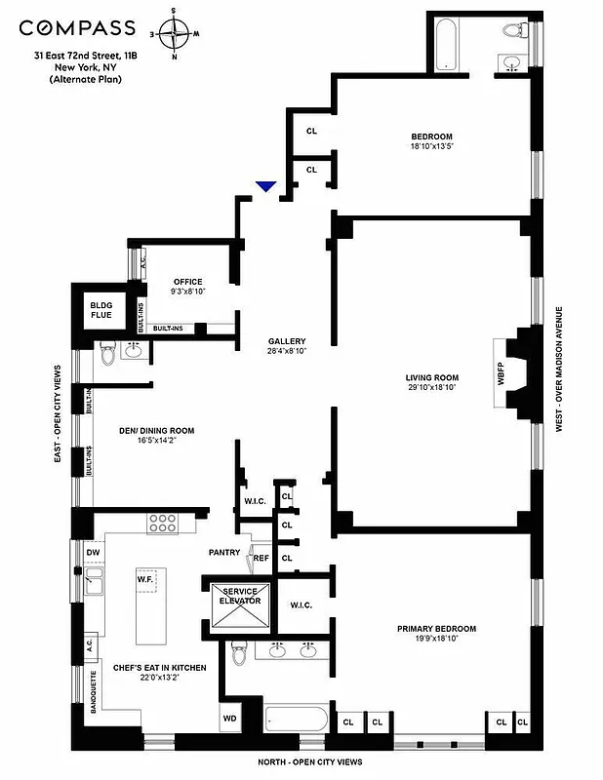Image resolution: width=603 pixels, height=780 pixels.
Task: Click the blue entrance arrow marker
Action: tap(265, 186)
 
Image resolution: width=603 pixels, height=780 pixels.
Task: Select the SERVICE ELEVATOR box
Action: tap(240, 597)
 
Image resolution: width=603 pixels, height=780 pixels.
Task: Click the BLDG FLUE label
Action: tap(101, 311)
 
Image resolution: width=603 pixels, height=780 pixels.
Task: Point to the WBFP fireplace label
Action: tap(502, 377)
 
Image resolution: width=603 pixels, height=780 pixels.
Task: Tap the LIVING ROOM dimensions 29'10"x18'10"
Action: tap(431, 387)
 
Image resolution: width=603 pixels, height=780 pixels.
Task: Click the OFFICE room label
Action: tap(187, 282)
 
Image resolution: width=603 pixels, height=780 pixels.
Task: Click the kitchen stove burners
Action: tap(161, 523)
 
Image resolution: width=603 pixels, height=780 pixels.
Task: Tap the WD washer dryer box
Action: tap(230, 720)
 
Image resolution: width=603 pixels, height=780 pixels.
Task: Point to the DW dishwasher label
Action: tap(93, 553)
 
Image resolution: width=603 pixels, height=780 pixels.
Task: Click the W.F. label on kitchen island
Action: tap(146, 578)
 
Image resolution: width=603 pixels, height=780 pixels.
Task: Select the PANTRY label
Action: tap(223, 553)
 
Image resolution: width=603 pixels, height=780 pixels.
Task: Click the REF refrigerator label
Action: tap(261, 558)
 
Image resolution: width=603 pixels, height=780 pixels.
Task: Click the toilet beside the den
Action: tap(106, 358)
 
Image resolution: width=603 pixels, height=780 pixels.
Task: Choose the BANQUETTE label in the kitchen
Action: tap(94, 691)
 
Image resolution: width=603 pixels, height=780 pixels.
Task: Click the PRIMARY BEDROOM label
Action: tap(443, 629)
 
